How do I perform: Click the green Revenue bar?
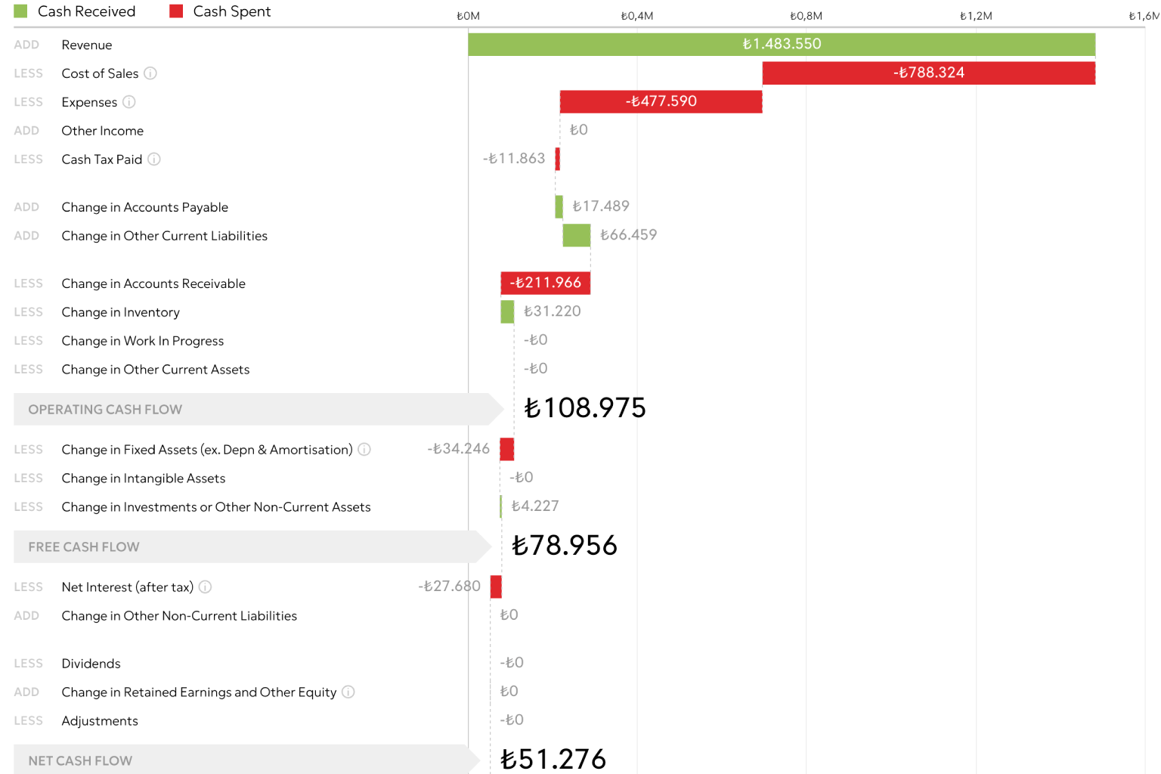point(782,45)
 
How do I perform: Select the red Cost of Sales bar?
point(928,73)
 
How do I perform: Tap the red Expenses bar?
point(661,102)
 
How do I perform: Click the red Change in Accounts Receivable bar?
point(545,283)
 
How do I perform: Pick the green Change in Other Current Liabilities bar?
point(577,235)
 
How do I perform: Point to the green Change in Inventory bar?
point(507,311)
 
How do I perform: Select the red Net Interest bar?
point(496,587)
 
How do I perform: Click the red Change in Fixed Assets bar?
point(507,449)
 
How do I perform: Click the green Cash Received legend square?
point(20,11)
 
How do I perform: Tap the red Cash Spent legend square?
point(176,11)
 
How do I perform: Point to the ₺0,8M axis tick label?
point(806,16)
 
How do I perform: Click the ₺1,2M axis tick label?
point(975,16)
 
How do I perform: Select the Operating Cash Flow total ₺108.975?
point(585,408)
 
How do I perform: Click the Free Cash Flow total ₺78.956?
point(565,546)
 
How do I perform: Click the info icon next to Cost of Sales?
point(150,73)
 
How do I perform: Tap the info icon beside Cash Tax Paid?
point(154,159)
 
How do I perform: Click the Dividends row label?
point(91,664)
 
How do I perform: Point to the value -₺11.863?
point(514,159)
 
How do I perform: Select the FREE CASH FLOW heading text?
point(84,547)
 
